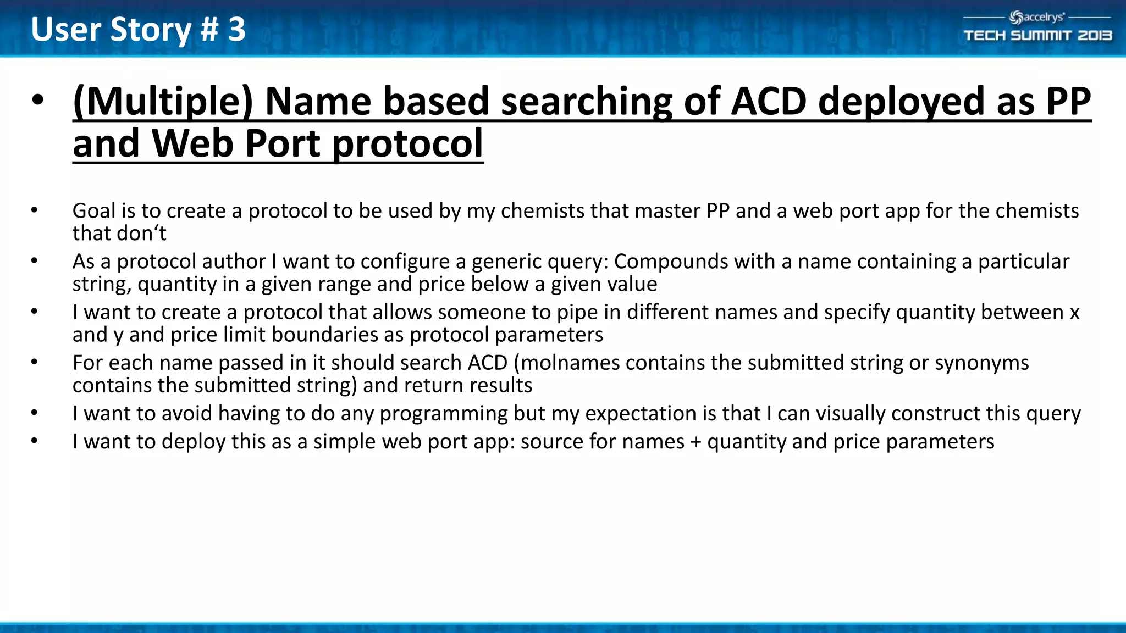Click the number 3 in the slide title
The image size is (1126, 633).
237,29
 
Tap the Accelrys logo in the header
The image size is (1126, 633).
1037,18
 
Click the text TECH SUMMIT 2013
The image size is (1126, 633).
1037,36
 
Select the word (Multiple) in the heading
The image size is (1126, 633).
163,102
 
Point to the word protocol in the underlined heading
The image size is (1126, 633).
407,144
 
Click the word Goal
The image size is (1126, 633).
94,211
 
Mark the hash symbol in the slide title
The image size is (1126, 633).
209,29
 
